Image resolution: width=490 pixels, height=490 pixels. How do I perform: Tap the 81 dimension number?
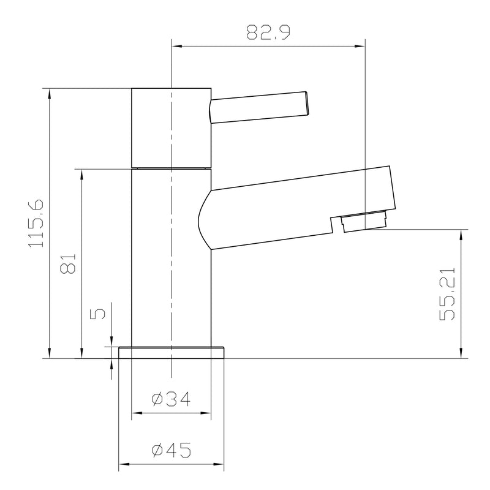pos(68,263)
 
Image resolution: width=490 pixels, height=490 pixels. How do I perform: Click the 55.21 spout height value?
pos(448,294)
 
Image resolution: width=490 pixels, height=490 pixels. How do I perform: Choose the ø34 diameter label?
pos(171,399)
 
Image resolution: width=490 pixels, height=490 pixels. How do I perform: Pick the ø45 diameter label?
pos(171,451)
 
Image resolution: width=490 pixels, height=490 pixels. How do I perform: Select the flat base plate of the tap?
pos(171,352)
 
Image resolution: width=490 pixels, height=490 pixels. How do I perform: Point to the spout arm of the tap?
pos(294,205)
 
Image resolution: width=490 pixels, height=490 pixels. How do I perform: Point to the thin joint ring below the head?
pos(171,168)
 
